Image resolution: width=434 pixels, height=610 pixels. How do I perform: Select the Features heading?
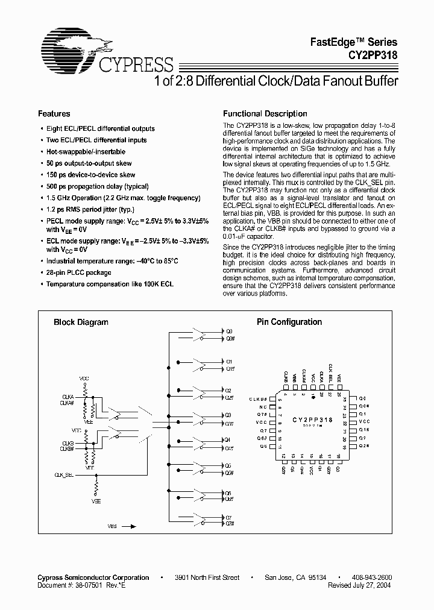pos(54,114)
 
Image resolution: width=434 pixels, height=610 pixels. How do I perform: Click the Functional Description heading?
pos(265,114)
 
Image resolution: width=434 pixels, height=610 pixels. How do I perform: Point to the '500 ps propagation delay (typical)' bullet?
pos(97,186)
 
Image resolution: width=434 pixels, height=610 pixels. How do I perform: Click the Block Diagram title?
pos(81,322)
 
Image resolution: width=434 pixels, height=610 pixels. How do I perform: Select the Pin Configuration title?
pos(289,322)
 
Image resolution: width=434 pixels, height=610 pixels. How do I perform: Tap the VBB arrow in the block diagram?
pos(129,526)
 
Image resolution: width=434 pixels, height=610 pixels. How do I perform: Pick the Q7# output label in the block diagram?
pos(230,523)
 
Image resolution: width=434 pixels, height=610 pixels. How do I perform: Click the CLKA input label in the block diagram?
pos(68,395)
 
